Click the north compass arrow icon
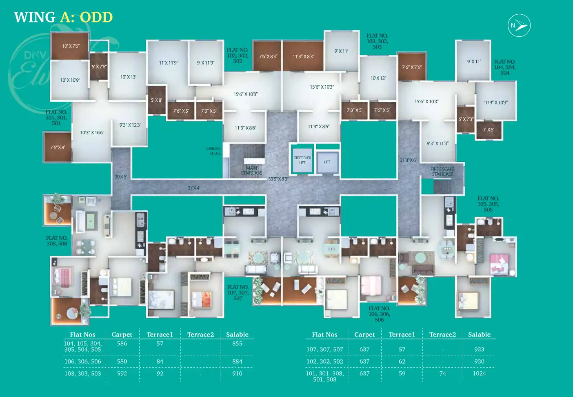click(x=519, y=25)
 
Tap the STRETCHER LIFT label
click(x=302, y=161)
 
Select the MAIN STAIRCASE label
click(x=251, y=170)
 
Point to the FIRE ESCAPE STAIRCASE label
click(x=442, y=172)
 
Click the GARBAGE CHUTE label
click(x=213, y=151)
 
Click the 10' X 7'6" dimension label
click(x=71, y=46)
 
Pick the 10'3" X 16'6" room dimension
click(x=92, y=133)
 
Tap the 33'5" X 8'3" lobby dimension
click(x=278, y=179)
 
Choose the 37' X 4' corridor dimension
click(x=194, y=188)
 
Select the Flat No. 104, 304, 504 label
click(x=505, y=67)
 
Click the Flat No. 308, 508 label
click(x=57, y=241)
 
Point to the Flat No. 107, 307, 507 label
click(x=238, y=293)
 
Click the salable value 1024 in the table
click(x=479, y=373)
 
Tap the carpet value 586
click(x=122, y=343)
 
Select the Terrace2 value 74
click(x=442, y=373)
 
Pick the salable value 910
click(x=237, y=373)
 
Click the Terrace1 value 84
click(x=160, y=361)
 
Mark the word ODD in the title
click(x=96, y=17)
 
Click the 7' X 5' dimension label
click(x=489, y=130)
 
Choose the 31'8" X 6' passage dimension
click(x=408, y=160)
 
